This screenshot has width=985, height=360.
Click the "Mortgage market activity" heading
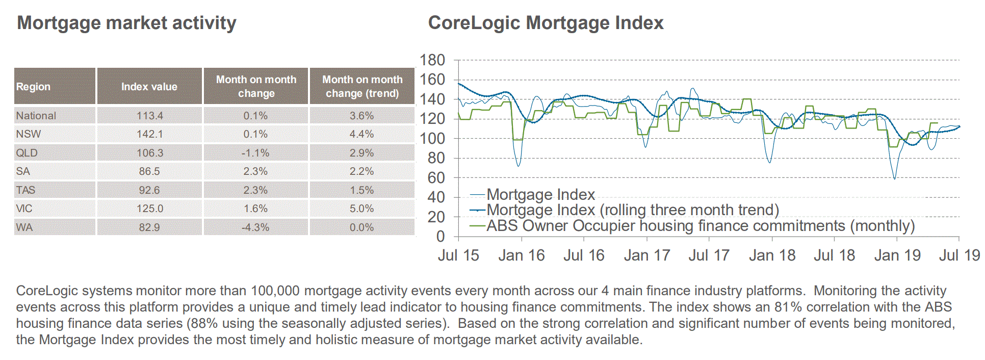pyautogui.click(x=127, y=23)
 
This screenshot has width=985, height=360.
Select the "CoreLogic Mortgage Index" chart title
pyautogui.click(x=546, y=23)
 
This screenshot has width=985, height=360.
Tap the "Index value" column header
pyautogui.click(x=149, y=87)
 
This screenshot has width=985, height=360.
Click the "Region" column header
pyautogui.click(x=33, y=87)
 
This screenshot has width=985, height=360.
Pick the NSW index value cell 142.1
pyautogui.click(x=149, y=134)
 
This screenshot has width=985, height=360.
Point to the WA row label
pyautogui.click(x=24, y=227)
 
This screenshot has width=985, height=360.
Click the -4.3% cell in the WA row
pyautogui.click(x=255, y=227)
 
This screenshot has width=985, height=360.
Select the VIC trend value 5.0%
pyautogui.click(x=361, y=209)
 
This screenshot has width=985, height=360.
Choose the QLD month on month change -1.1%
pyautogui.click(x=255, y=153)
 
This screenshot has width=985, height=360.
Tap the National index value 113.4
pyautogui.click(x=149, y=116)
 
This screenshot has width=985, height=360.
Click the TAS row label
pyautogui.click(x=25, y=190)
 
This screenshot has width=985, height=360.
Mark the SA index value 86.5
pyautogui.click(x=149, y=171)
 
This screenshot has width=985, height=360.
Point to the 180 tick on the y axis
pyautogui.click(x=432, y=60)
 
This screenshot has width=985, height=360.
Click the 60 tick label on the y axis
pyautogui.click(x=436, y=178)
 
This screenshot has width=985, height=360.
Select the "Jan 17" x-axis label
pyautogui.click(x=647, y=255)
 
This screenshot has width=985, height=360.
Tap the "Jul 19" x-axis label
pyautogui.click(x=960, y=255)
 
